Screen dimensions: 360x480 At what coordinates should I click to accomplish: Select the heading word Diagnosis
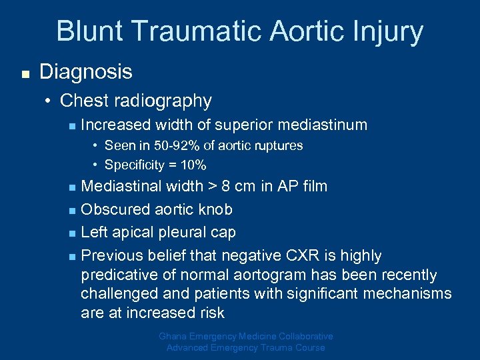(86, 72)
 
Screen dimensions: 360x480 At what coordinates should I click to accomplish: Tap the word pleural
(185, 232)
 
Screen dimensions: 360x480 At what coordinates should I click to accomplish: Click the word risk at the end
(210, 313)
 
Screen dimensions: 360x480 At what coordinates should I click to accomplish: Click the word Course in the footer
(309, 347)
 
